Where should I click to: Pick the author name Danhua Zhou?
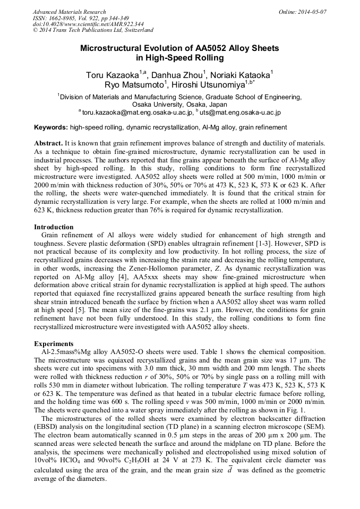[x=175, y=75]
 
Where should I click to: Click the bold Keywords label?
[x=51, y=127]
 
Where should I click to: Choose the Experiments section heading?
[x=54, y=343]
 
